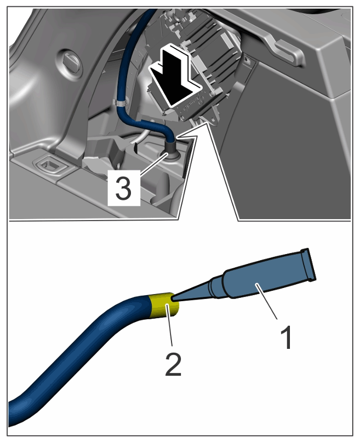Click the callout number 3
(x=124, y=187)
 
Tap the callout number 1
(x=286, y=337)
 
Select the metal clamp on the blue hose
(x=121, y=102)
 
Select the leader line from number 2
(x=170, y=324)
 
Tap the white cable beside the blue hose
(x=141, y=135)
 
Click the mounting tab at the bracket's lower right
(x=214, y=118)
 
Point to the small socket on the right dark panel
(x=247, y=60)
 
